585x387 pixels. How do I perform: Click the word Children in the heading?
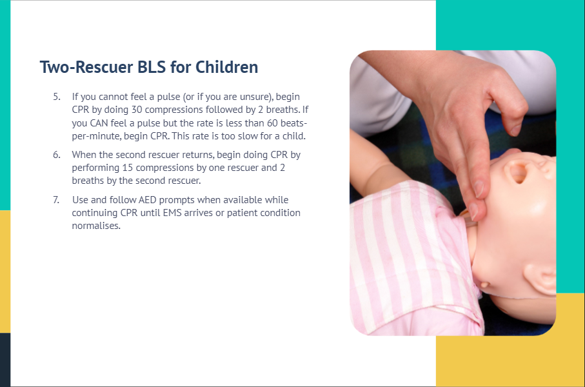coord(226,67)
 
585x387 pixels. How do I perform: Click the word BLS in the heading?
coord(152,67)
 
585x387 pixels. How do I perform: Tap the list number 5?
coord(56,97)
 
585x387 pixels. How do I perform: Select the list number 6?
coord(56,155)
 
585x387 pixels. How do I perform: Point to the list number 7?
coord(56,200)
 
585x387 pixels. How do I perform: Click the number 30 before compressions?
coord(137,110)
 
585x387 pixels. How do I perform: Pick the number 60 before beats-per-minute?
coord(272,123)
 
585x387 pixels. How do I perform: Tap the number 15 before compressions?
coord(127,168)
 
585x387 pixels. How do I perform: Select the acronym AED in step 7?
coord(147,200)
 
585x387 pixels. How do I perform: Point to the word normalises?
coord(96,226)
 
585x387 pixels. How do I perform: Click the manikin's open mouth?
coord(517,172)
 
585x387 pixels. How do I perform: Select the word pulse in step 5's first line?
coord(168,97)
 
